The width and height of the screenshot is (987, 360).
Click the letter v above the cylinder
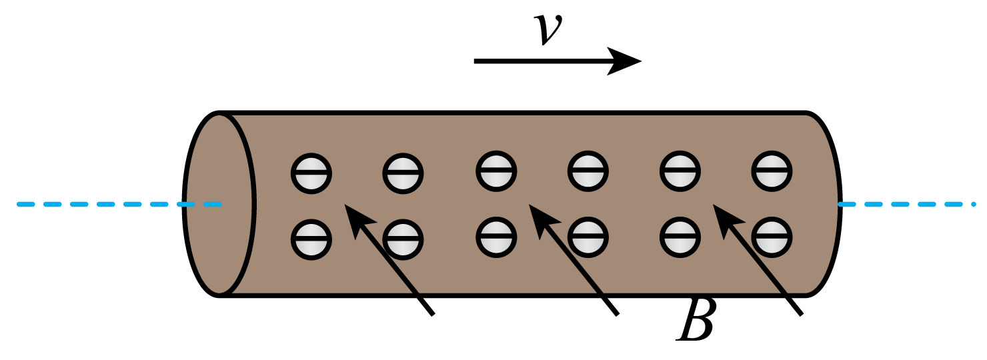[548, 29]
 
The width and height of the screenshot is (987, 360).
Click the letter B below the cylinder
[696, 321]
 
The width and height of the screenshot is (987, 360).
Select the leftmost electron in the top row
[311, 173]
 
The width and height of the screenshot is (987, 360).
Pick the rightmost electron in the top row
[772, 171]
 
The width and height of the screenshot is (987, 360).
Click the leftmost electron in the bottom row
[311, 240]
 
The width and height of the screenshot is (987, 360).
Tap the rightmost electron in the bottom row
[772, 237]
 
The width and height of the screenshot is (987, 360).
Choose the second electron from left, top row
[403, 173]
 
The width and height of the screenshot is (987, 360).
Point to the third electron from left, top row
[497, 171]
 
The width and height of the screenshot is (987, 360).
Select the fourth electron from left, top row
[588, 171]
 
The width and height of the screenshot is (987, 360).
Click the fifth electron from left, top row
[680, 171]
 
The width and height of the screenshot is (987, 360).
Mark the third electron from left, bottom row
[497, 237]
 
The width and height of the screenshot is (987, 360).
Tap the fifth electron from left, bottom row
[680, 237]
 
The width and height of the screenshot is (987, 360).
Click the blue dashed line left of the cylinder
[119, 205]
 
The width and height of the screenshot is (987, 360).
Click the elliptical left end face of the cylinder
[219, 204]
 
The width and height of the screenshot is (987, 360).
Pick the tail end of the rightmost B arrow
[802, 315]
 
